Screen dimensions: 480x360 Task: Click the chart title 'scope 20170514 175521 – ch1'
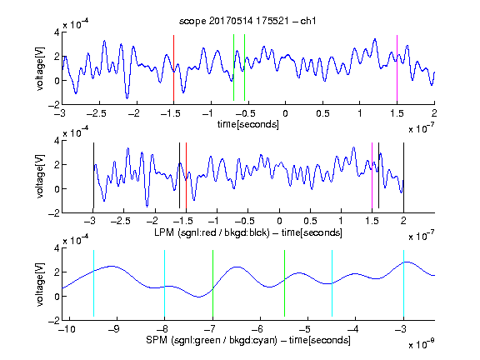247,21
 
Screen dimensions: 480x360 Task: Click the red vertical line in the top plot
173,68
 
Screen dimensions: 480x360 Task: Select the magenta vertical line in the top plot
397,68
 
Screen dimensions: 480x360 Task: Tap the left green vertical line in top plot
233,67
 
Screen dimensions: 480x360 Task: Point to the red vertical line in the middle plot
186,175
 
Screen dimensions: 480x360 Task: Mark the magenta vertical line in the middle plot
372,175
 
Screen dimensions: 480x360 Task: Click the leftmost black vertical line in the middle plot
93,175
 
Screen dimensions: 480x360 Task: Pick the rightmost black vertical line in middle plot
403,175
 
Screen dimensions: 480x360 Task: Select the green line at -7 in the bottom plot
212,283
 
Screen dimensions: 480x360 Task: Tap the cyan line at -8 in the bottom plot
164,283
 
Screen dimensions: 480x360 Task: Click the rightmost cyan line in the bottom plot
403,283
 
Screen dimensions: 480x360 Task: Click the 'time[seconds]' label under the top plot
248,125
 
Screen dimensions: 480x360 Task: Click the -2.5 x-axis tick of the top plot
97,113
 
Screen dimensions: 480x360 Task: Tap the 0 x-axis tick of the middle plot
279,221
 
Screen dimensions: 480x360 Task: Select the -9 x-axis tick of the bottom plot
114,329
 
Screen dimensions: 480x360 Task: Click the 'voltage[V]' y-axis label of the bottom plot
40,284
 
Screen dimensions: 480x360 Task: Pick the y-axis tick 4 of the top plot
57,32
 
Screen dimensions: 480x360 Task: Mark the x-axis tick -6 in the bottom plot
257,329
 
